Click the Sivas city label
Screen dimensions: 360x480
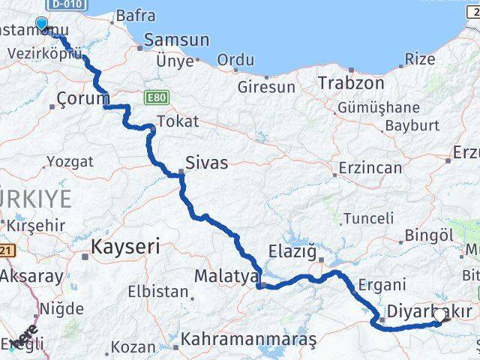pos(208,162)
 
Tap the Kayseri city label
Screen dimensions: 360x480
pos(125,246)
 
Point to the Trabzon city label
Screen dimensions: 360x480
pos(351,82)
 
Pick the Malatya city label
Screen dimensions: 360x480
pos(226,276)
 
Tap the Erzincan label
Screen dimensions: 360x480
pos(370,168)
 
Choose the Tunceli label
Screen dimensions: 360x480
pos(367,218)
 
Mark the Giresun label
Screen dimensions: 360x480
pos(266,88)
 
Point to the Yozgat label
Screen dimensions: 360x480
pos(70,161)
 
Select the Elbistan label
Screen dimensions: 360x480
pos(158,291)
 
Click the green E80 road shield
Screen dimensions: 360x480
pos(157,97)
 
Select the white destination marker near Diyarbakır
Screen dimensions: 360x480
pos(439,316)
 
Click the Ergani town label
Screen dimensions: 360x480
pos(382,284)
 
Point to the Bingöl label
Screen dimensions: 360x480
pos(429,235)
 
